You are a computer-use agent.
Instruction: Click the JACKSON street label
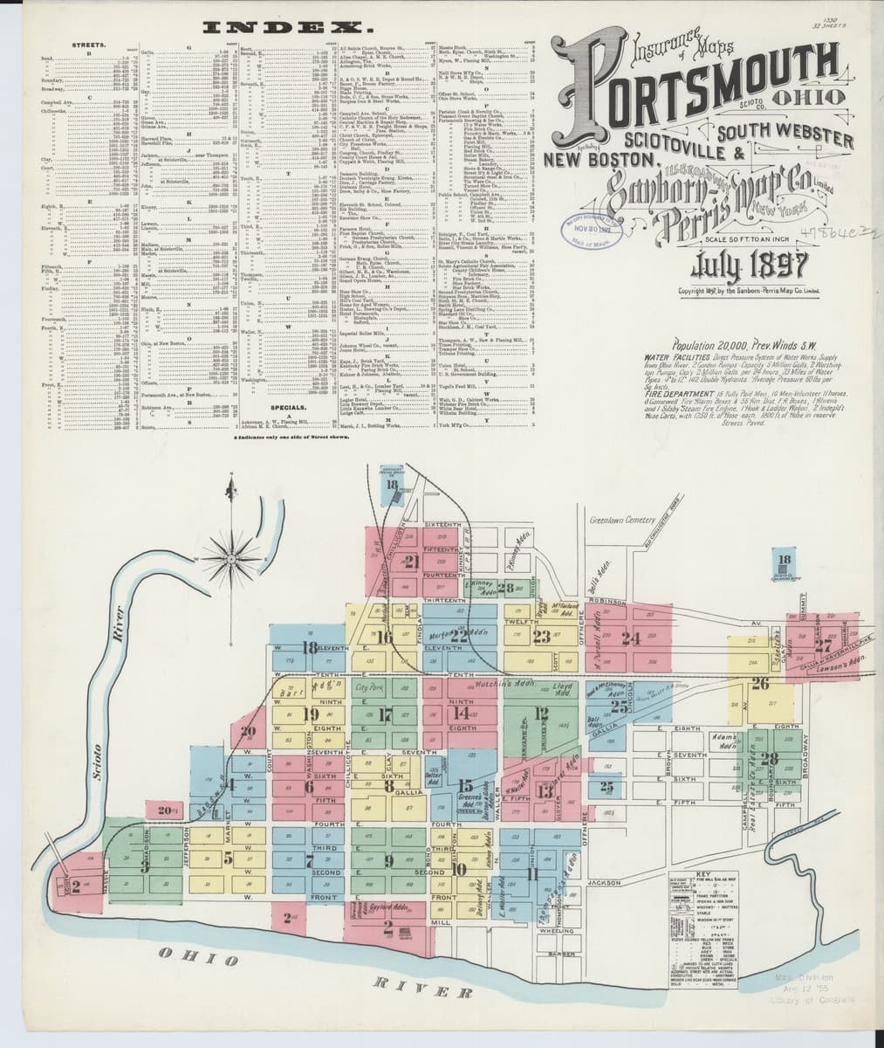[603, 883]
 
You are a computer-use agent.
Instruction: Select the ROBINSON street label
[607, 602]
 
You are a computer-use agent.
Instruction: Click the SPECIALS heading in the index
[287, 407]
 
